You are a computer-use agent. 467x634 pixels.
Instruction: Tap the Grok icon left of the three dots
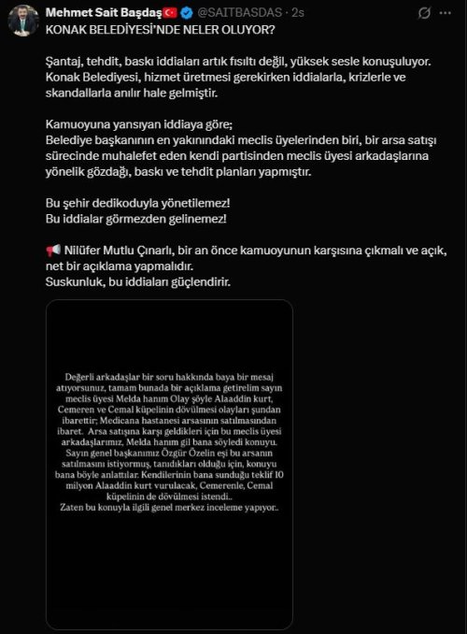click(425, 14)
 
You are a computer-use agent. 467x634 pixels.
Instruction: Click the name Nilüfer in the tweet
click(86, 251)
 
